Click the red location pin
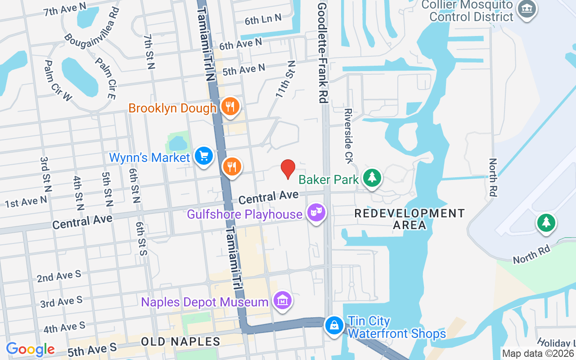288,169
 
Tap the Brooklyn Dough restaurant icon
230,107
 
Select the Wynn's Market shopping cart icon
204,156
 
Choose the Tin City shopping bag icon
334,325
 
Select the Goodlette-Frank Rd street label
322,52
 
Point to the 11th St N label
285,80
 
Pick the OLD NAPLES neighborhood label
180,342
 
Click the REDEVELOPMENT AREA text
409,219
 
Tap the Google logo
30,349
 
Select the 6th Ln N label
263,19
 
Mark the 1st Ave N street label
26,202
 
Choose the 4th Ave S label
64,327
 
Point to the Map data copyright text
538,354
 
